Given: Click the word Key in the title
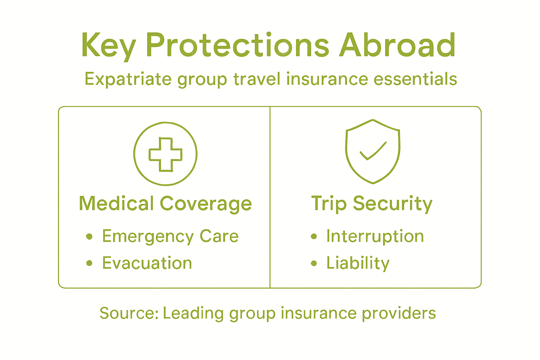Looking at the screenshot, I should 108,46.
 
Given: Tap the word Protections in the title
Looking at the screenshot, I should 237,46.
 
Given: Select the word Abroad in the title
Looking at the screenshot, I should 397,46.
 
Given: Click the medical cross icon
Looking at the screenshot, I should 165,154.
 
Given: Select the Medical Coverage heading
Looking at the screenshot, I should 165,204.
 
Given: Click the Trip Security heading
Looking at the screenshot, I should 372,204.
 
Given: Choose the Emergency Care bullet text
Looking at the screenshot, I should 170,236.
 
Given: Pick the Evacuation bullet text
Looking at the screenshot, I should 147,263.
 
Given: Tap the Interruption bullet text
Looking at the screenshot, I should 375,236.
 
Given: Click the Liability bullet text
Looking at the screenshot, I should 358,263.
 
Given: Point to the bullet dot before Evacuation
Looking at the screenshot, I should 89,263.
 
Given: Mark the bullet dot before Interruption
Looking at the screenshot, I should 314,236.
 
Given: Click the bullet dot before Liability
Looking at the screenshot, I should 314,263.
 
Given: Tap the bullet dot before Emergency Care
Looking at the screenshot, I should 89,236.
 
